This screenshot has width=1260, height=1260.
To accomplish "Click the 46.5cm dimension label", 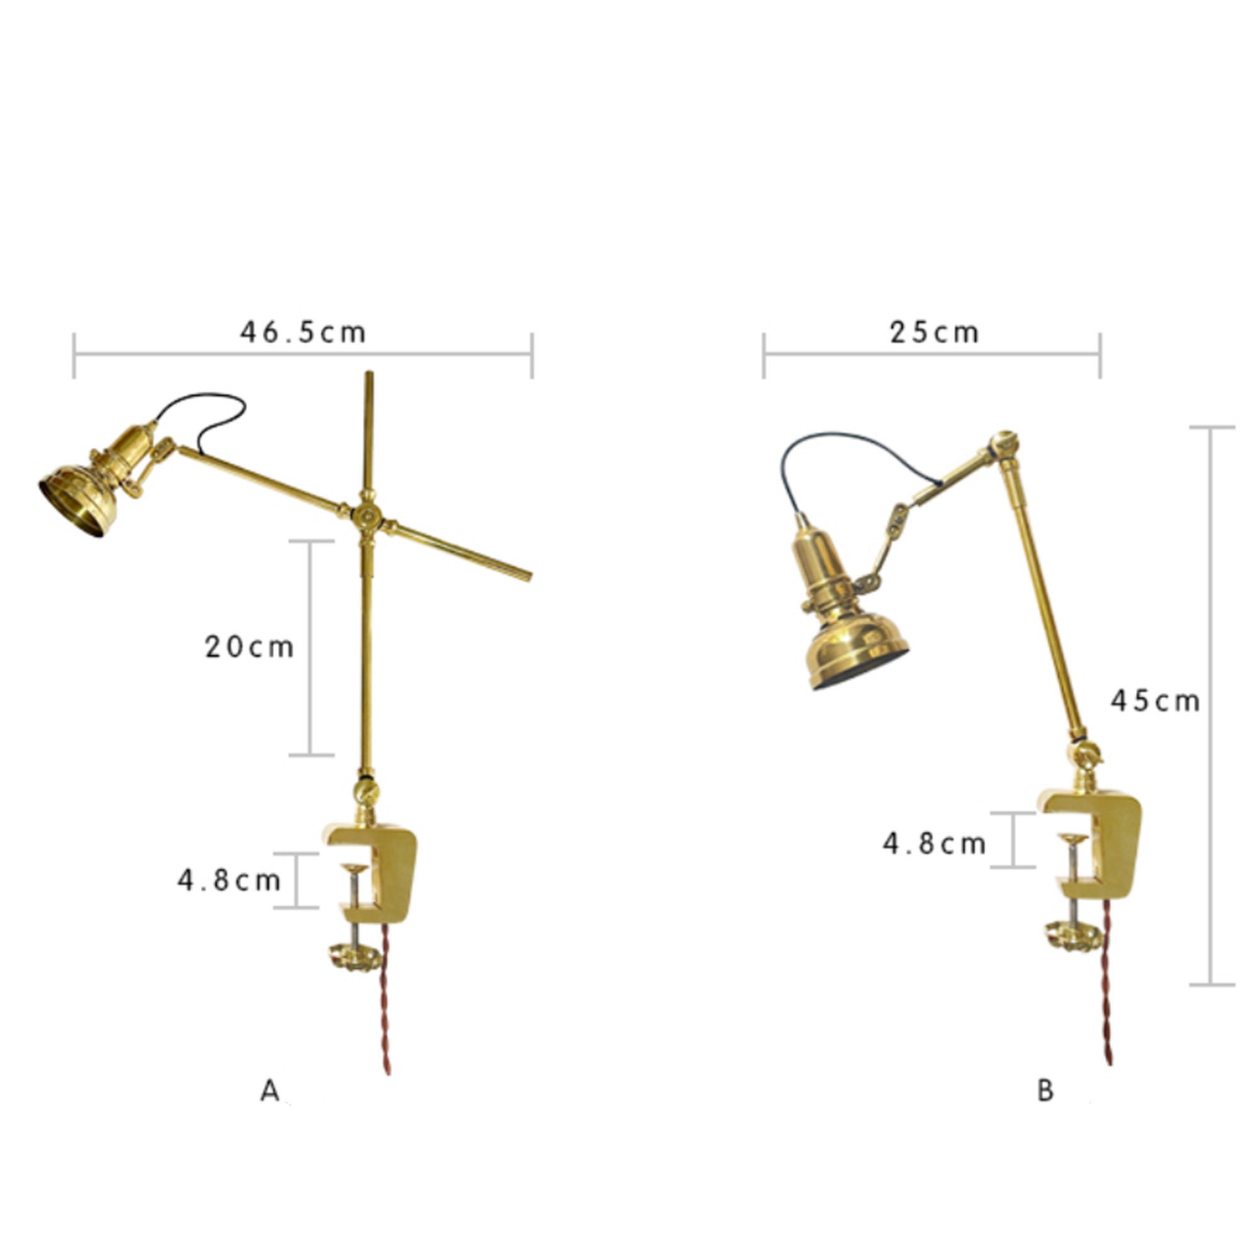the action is [302, 333].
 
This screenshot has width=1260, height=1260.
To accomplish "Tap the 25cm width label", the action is [934, 333].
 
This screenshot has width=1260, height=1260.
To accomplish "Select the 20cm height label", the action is [249, 647].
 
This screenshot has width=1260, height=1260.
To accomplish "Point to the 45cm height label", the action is [1155, 701].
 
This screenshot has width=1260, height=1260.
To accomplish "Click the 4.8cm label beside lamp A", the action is [229, 881].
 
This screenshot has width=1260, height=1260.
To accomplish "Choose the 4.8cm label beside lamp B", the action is [934, 844].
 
